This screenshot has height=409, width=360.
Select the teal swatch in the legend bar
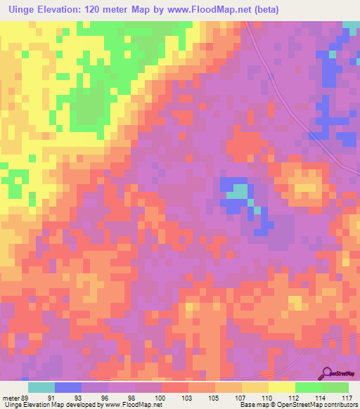coord(41,387)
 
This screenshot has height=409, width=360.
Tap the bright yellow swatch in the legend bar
coord(281,387)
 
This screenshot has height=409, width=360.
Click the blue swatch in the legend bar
coord(68,387)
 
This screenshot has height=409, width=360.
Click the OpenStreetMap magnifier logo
coord(326,374)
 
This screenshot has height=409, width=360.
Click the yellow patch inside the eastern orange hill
coord(307,187)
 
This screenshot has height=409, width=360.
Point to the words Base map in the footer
coord(252,405)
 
